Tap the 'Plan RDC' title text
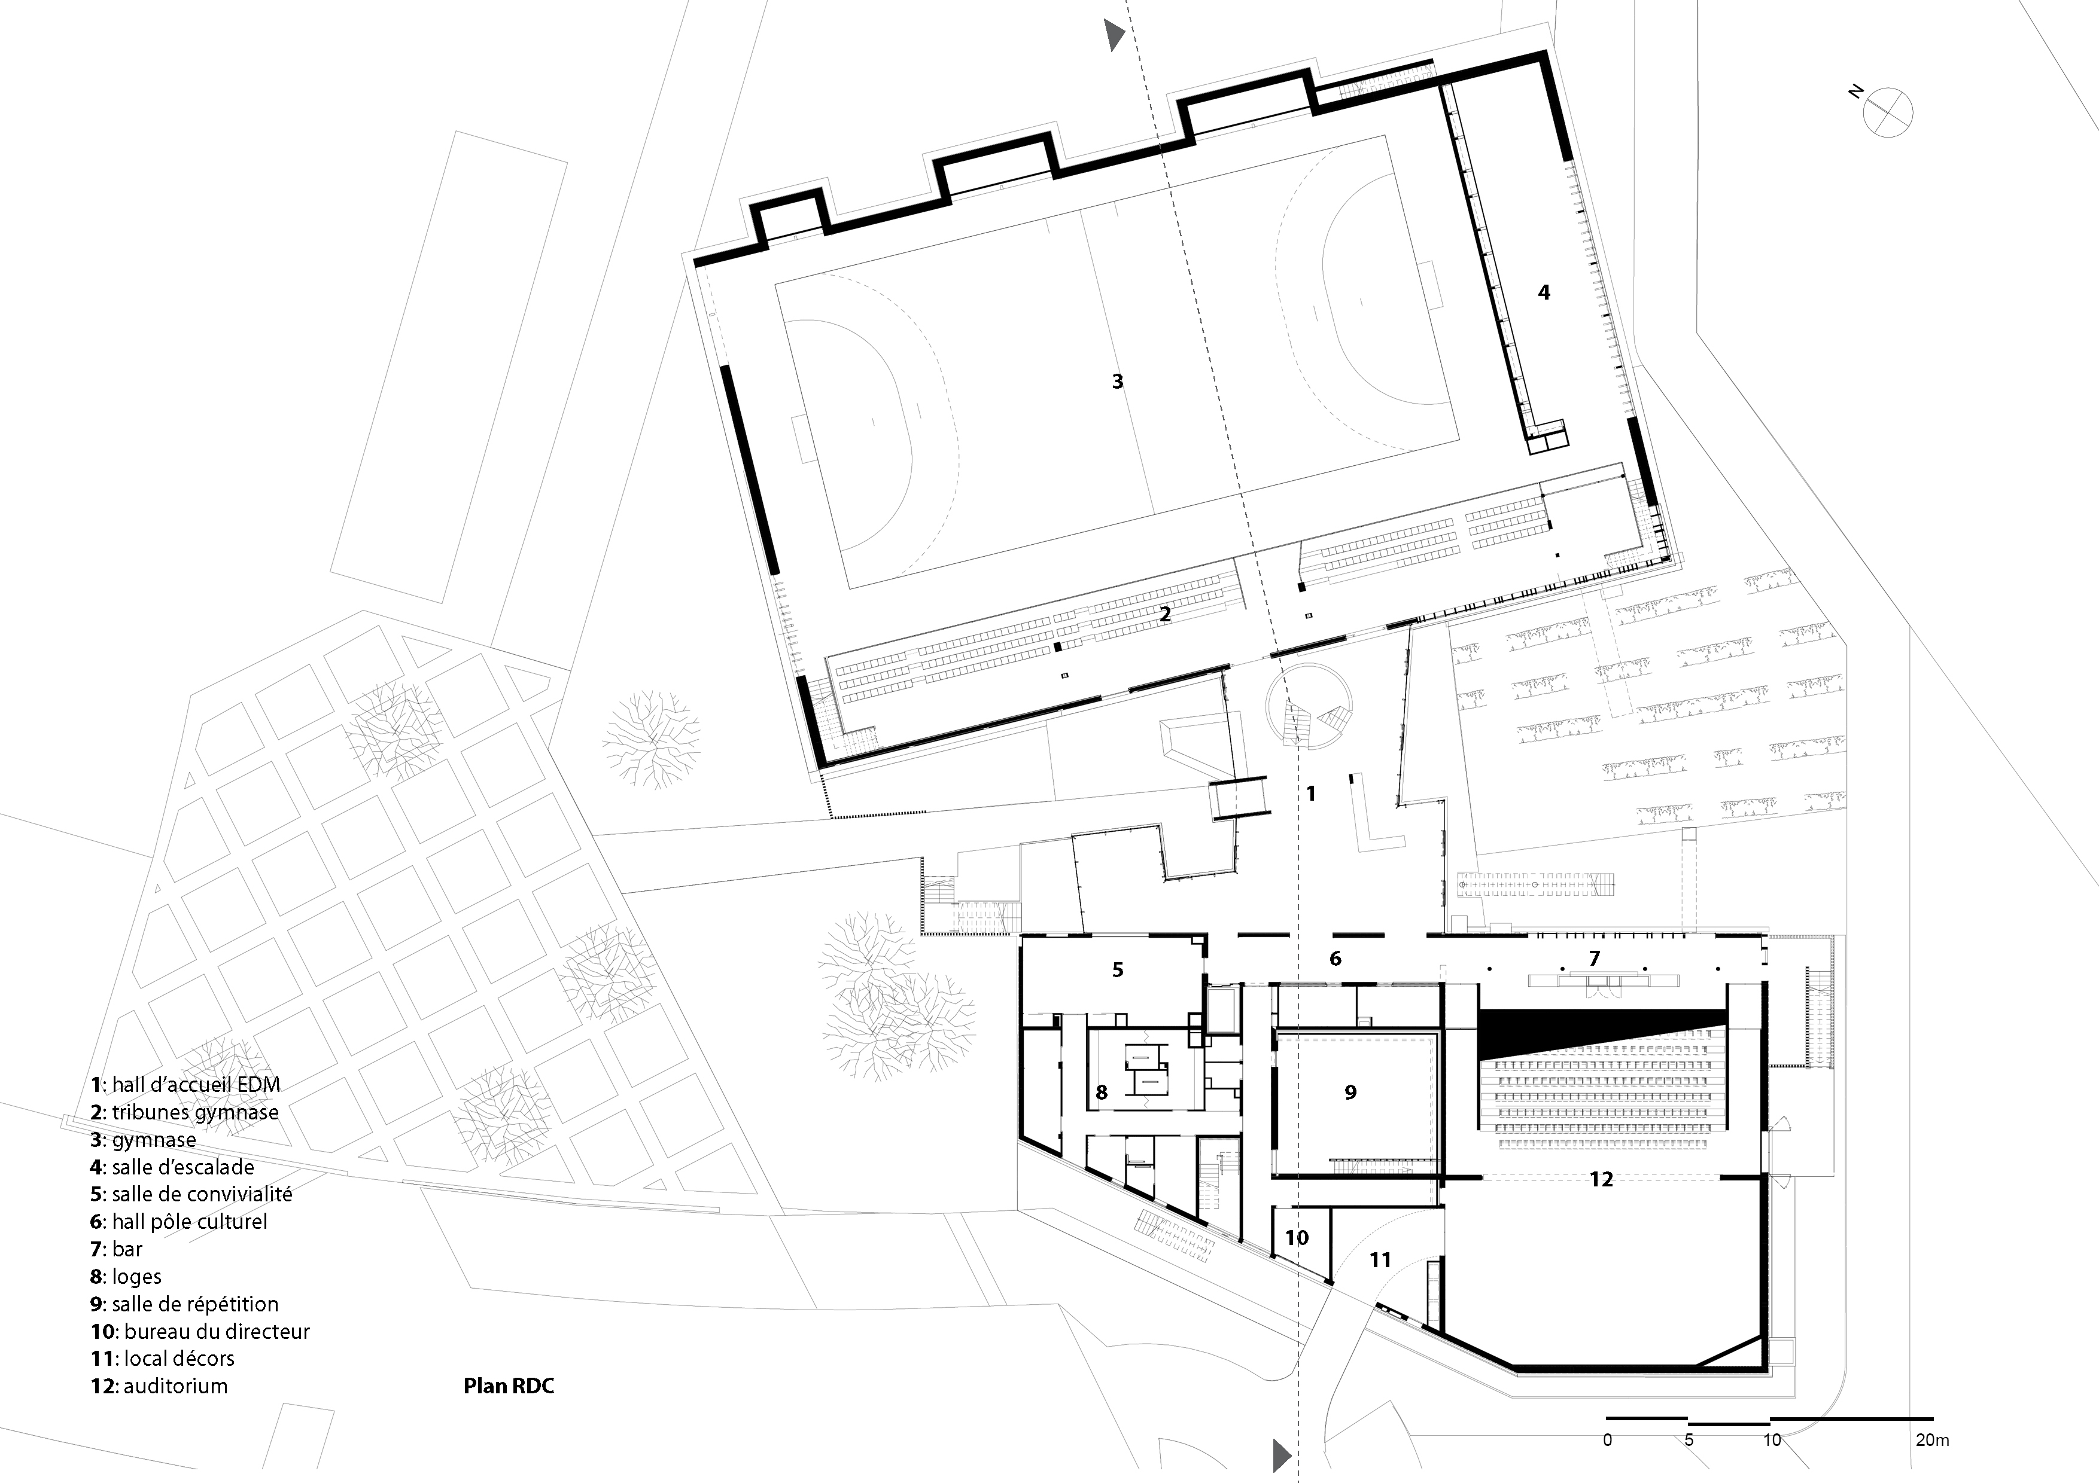point(508,1386)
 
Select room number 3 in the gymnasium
point(1117,381)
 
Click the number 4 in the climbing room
point(1544,292)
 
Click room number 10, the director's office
point(1297,1238)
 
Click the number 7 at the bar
point(1595,959)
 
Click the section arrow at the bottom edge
point(1282,1453)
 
